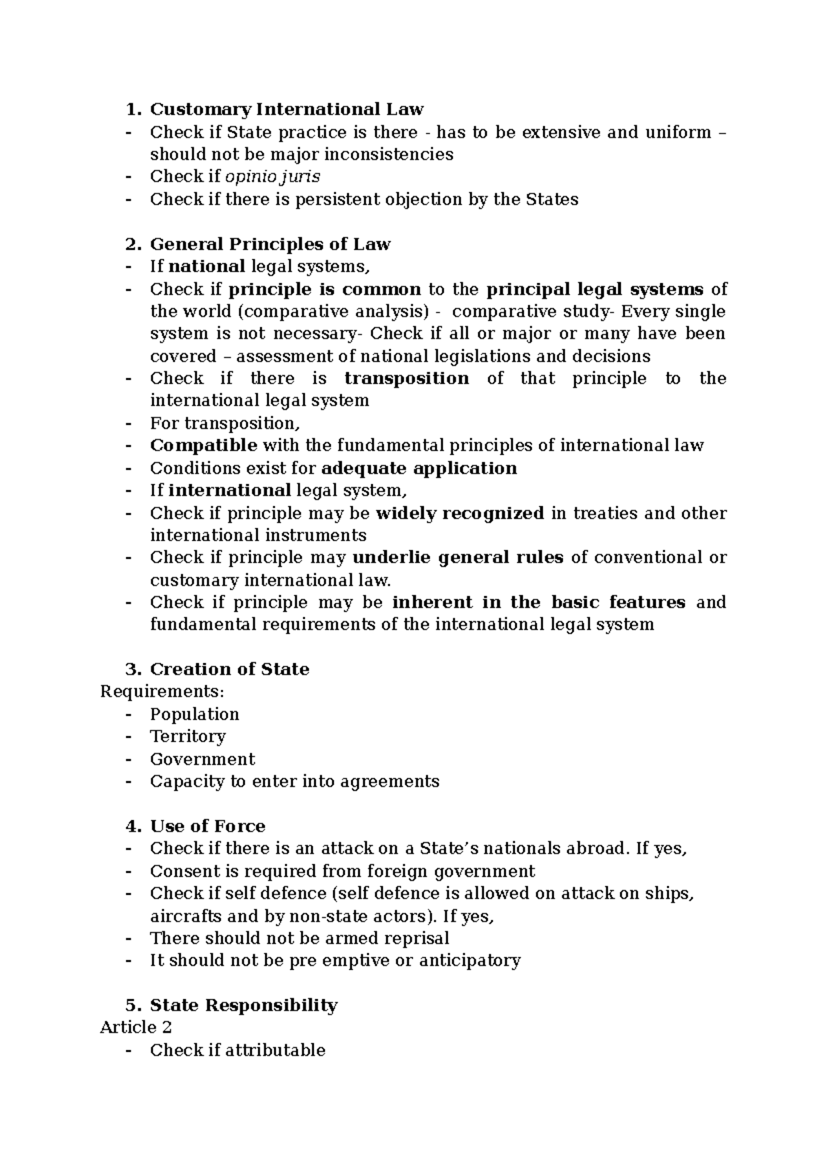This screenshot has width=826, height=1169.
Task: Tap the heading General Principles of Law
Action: click(270, 244)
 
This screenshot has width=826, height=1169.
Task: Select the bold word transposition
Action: click(406, 379)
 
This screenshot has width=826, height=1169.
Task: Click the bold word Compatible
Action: click(204, 445)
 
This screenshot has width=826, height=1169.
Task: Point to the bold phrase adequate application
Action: click(419, 468)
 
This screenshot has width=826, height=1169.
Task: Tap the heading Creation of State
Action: click(229, 669)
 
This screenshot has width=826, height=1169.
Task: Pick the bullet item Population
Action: click(194, 714)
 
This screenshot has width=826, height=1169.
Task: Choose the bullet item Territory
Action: click(187, 737)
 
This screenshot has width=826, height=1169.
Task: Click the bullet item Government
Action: click(202, 759)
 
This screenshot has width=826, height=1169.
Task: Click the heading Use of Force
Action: click(207, 826)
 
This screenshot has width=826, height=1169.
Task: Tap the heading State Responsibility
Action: click(243, 1005)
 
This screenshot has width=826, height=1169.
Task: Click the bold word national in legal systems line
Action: click(206, 266)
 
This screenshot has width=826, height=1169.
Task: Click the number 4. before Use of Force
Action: click(132, 826)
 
